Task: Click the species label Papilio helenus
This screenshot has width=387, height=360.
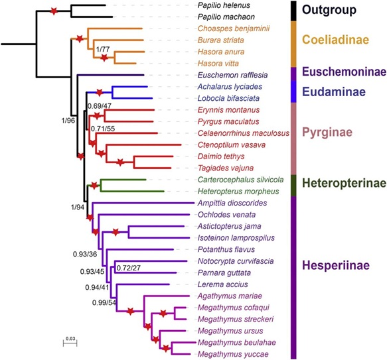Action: tap(224, 5)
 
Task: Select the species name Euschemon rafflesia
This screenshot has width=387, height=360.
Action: tap(232, 75)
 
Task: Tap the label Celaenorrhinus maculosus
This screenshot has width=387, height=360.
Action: tap(244, 133)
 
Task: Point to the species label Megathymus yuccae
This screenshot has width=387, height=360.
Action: tap(233, 354)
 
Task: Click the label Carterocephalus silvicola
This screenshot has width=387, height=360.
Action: tap(241, 180)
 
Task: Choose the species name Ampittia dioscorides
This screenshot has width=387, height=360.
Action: tap(232, 203)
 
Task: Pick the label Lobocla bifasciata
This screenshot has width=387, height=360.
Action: tap(228, 98)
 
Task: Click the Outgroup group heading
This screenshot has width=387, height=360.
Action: tap(329, 10)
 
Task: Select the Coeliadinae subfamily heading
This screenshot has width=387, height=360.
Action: tap(336, 40)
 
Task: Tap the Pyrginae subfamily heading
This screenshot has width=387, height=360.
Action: tap(327, 133)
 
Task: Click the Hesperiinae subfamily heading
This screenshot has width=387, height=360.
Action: tap(336, 265)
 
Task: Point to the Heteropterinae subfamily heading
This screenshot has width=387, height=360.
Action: tap(344, 183)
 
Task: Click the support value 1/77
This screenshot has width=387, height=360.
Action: tap(103, 49)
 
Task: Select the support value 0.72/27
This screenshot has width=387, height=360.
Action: tap(128, 268)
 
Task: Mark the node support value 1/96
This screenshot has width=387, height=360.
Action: tap(68, 120)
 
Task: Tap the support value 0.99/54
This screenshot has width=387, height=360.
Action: tap(104, 302)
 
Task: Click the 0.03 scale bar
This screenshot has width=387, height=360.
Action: tap(70, 343)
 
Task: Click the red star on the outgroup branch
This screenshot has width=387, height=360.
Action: tap(54, 11)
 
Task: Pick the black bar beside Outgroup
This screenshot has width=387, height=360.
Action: tap(293, 11)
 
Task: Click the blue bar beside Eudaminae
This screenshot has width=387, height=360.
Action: tap(293, 91)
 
